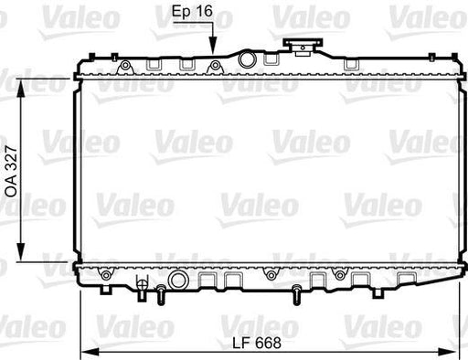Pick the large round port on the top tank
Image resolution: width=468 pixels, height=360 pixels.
245,58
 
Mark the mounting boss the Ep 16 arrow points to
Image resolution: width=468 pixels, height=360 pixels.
214,64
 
